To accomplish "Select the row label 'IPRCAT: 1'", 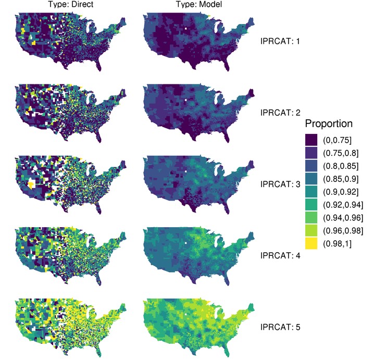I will (280, 41).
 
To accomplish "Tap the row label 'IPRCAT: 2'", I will (280, 112).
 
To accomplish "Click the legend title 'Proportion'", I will (329, 125).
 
